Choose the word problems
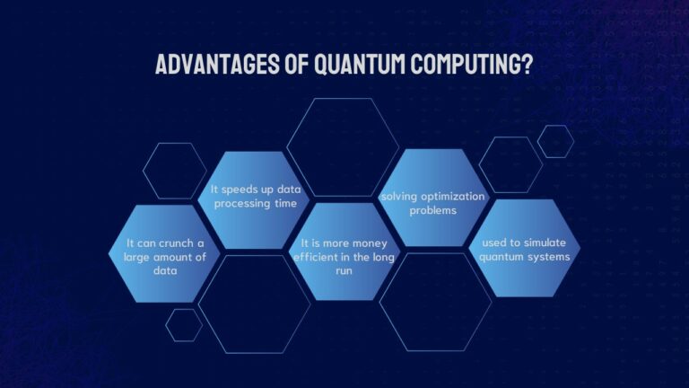click(432, 209)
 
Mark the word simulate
click(548, 243)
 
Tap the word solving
click(398, 196)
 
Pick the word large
click(138, 257)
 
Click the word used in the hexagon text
click(497, 243)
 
